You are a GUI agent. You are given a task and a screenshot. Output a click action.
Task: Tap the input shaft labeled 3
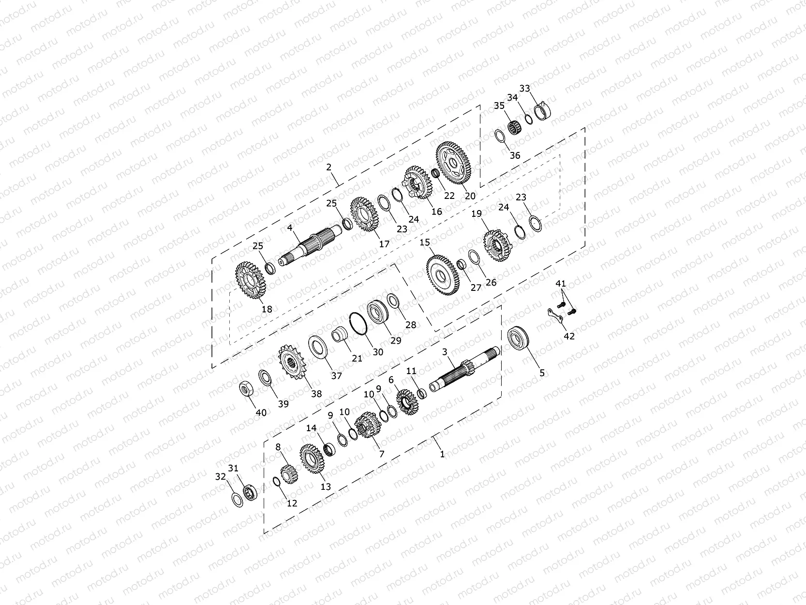pyautogui.click(x=464, y=369)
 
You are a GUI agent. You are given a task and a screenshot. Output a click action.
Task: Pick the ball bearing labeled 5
pyautogui.click(x=518, y=340)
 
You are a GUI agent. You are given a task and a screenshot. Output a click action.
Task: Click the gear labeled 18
pyautogui.click(x=251, y=280)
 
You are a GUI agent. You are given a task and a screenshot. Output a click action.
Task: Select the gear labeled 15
pyautogui.click(x=443, y=275)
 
